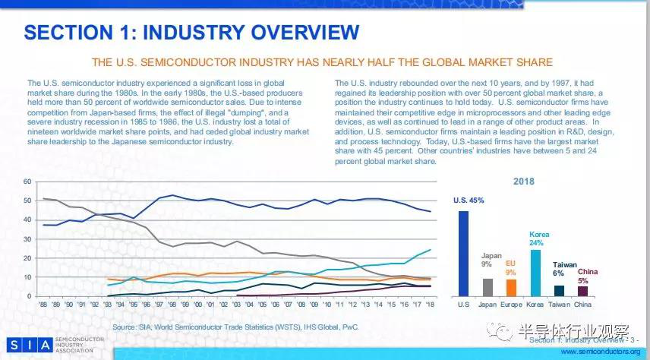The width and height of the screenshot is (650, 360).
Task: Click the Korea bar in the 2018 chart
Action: click(535, 272)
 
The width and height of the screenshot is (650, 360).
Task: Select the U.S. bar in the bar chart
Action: click(463, 253)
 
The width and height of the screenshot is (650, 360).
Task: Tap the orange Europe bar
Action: click(512, 287)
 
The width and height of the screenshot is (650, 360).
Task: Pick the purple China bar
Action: click(583, 290)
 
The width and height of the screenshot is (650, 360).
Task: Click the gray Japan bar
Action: click(487, 287)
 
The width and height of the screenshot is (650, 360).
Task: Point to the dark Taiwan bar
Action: click(559, 290)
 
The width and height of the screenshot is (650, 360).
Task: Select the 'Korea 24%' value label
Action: click(537, 239)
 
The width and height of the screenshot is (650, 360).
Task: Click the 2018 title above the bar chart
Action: click(523, 182)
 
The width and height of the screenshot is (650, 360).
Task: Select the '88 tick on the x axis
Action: click(43, 304)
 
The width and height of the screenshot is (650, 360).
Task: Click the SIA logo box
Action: click(30, 345)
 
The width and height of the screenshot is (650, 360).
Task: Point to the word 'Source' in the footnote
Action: click(125, 327)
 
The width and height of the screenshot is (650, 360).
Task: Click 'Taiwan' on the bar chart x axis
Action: click(559, 303)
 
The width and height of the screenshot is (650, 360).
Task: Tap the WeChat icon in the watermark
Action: click(505, 332)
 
